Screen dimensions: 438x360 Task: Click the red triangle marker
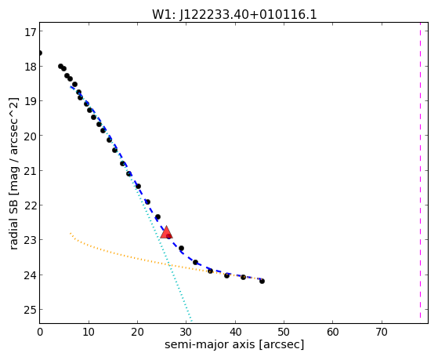166,232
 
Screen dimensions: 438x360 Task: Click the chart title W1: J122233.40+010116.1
234,14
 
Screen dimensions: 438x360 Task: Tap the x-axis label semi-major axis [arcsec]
234,344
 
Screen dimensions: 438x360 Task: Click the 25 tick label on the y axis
31,309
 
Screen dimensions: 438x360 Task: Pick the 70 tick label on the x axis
382,332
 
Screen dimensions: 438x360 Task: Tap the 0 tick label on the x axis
40,332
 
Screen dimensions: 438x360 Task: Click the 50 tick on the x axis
284,322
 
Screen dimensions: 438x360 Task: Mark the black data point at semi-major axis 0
40,53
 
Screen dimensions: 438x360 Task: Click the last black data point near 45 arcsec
262,281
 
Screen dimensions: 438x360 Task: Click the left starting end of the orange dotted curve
71,233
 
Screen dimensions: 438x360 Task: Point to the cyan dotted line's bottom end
191,321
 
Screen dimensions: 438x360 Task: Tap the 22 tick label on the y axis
31,205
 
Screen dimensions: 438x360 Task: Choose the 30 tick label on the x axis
186,332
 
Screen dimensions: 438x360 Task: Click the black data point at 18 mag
60,67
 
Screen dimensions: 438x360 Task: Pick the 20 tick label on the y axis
31,136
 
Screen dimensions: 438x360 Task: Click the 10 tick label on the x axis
89,332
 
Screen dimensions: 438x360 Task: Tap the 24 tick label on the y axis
31,275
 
